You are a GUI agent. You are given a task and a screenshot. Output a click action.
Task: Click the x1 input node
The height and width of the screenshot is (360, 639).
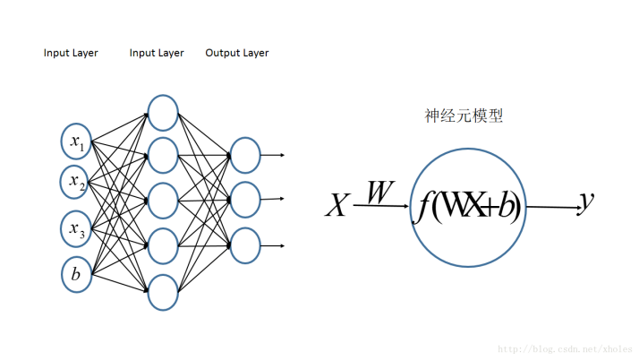coord(76,140)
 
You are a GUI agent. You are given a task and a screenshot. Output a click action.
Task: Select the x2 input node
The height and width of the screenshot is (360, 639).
coord(76,182)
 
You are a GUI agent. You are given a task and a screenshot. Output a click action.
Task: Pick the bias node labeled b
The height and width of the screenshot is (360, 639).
coord(76,274)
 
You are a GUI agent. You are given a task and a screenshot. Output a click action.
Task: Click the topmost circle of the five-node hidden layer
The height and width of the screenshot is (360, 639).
coord(163,112)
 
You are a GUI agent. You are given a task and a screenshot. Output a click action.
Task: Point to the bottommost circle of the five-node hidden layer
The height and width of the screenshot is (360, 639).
coord(163,292)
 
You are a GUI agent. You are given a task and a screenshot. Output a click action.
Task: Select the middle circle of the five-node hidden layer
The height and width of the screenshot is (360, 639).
coord(163,201)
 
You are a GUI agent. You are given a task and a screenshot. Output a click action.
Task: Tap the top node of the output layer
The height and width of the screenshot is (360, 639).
coord(244,155)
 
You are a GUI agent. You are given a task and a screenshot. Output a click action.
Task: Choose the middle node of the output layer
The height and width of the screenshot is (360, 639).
coord(244,200)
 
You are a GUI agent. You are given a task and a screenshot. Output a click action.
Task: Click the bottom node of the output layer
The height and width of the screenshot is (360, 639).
coord(244,245)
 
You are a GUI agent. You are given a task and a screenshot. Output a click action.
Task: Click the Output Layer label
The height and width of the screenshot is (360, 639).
coord(237,53)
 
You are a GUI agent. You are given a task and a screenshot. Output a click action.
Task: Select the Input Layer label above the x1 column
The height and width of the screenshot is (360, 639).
coord(71,53)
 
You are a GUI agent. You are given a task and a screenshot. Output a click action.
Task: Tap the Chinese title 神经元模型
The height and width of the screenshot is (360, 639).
coord(463,116)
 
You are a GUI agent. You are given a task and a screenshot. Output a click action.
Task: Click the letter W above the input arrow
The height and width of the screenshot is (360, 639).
coord(379,192)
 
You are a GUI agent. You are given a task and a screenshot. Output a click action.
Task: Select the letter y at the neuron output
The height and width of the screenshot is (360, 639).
coord(586,204)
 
